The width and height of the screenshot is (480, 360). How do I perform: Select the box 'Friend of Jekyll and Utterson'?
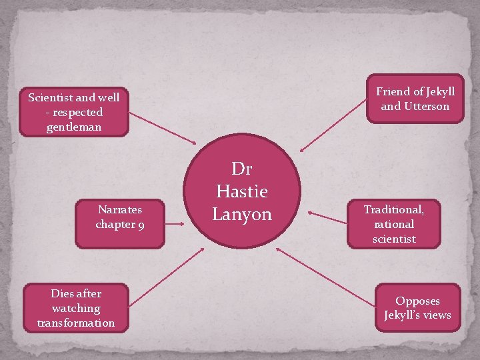click(415, 99)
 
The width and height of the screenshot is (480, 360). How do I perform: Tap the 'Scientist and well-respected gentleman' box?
click(73, 111)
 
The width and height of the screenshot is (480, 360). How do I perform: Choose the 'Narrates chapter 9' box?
click(120, 217)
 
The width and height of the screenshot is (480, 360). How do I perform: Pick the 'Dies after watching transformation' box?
click(76, 308)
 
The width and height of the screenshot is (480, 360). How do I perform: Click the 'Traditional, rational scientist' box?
click(393, 223)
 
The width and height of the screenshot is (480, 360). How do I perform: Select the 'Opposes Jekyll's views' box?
click(417, 308)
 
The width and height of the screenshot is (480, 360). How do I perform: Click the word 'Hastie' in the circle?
click(241, 191)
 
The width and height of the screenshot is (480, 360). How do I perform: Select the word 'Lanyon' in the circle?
click(242, 214)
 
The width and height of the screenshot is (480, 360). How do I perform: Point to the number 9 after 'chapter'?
click(141, 224)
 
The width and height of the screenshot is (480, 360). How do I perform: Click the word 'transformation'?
click(76, 323)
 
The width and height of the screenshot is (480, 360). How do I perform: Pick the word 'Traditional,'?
click(393, 209)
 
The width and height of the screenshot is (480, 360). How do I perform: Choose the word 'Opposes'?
click(417, 301)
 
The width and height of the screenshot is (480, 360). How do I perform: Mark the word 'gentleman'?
click(74, 126)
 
